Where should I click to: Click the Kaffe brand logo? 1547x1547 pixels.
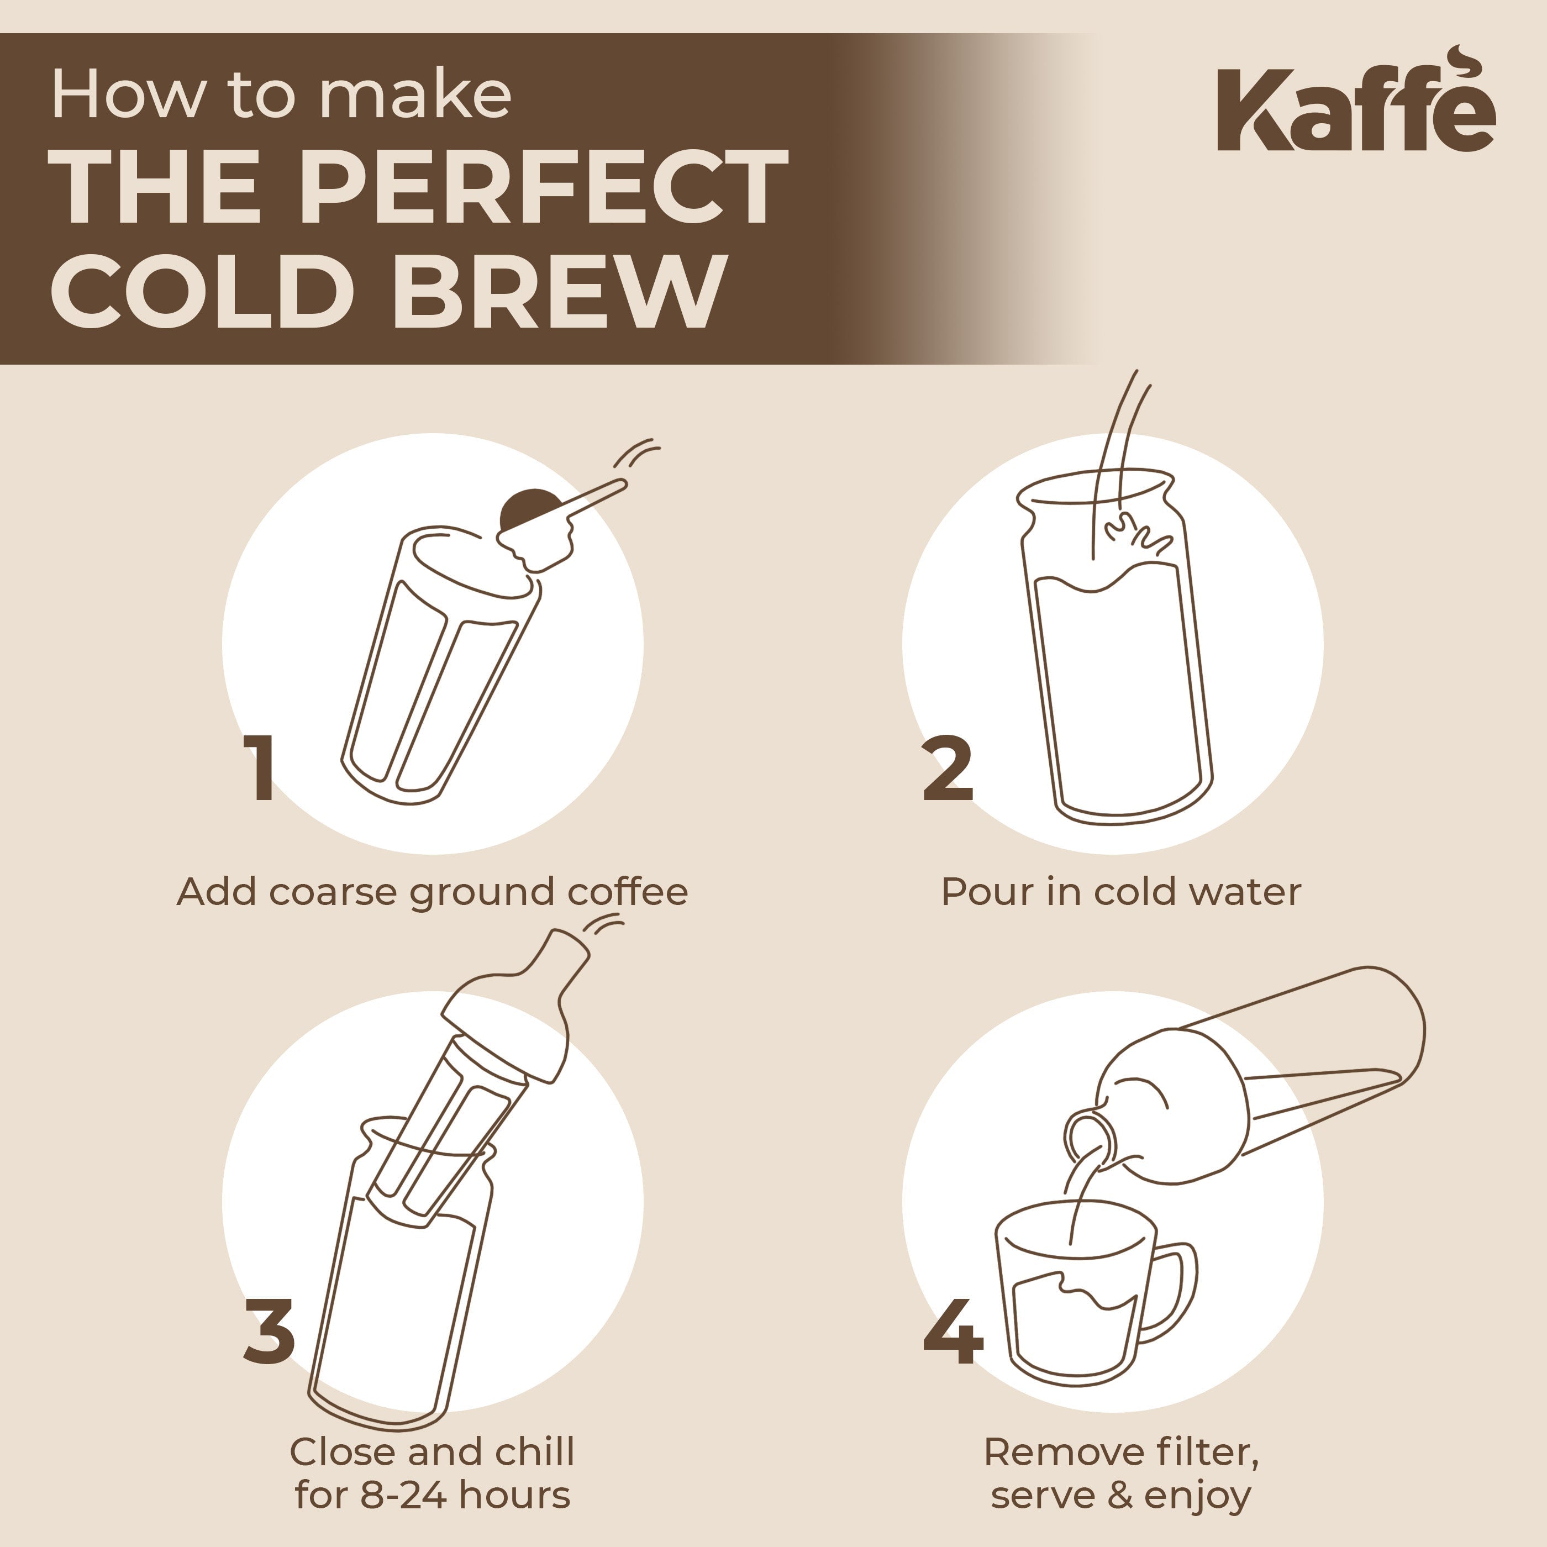click(1355, 110)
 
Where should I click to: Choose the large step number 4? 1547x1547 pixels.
click(953, 1332)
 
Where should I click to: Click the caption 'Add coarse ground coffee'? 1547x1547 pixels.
click(433, 892)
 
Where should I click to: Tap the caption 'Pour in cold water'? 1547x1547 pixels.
click(1121, 892)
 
